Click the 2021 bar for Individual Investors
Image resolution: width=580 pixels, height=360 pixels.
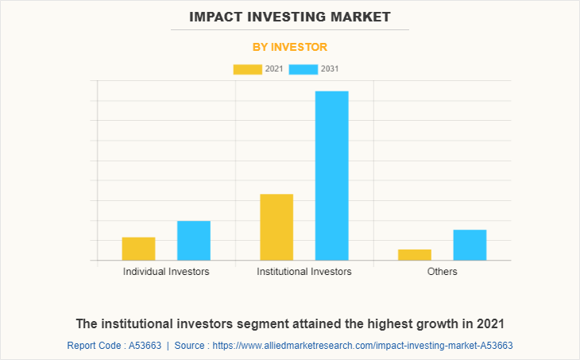[x=138, y=249]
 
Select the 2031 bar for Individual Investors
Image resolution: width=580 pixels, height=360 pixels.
[x=194, y=241]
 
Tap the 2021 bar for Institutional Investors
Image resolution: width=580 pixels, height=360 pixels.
[x=276, y=227]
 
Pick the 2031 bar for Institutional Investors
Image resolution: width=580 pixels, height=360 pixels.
[x=331, y=176]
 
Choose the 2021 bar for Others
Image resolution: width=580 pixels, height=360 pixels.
[x=415, y=254]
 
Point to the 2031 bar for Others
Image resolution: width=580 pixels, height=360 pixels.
[x=470, y=245]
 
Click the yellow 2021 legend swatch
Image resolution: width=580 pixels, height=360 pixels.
[x=247, y=69]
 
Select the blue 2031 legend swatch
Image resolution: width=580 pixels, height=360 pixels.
[x=304, y=69]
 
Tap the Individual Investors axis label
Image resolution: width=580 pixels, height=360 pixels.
[x=166, y=272]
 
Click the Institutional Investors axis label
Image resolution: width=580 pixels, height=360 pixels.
[x=304, y=272]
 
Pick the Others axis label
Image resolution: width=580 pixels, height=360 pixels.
[x=442, y=272]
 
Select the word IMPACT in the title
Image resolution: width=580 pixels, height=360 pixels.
[x=215, y=16]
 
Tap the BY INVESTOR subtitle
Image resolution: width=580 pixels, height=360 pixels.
[x=289, y=47]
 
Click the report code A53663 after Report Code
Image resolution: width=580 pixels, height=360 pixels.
[x=145, y=346]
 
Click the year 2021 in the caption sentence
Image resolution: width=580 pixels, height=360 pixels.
[x=489, y=324]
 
